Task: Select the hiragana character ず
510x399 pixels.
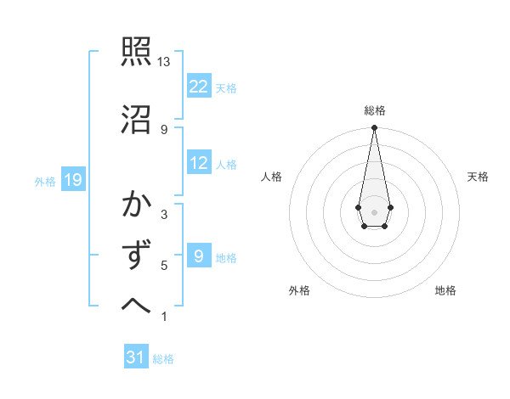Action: (x=137, y=255)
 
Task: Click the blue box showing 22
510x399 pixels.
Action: (x=199, y=87)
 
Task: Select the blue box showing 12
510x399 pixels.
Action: (x=199, y=164)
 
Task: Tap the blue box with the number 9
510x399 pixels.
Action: (x=199, y=256)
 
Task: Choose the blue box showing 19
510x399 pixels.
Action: (x=73, y=180)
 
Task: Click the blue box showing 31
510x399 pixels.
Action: (x=136, y=357)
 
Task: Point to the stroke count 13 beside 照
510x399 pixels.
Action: (x=164, y=63)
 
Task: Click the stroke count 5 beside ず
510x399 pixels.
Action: (x=164, y=266)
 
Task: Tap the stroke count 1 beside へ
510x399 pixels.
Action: (x=164, y=318)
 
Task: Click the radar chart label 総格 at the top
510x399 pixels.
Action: (x=374, y=110)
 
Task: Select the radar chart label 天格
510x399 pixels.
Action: (x=478, y=177)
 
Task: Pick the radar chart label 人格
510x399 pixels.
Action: (x=272, y=177)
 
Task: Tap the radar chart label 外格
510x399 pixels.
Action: (x=299, y=290)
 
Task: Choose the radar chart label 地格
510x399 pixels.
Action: (x=445, y=290)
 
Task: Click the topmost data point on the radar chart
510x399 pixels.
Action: (x=374, y=128)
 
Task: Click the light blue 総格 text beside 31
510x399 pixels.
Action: (x=163, y=359)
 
